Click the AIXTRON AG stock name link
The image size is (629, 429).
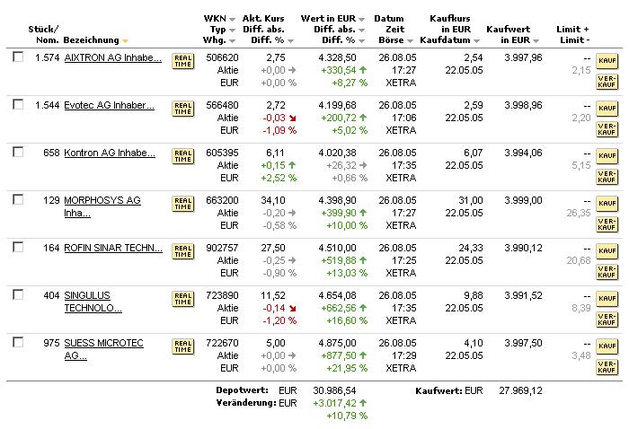113,58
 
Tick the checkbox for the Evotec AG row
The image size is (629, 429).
18,105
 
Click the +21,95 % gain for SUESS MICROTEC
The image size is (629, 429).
340,368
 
